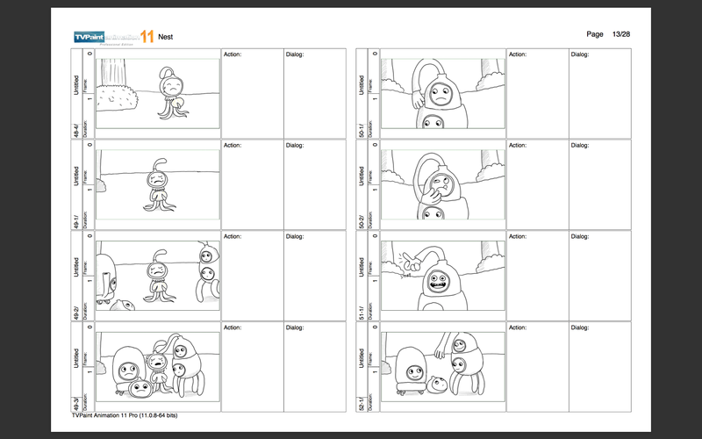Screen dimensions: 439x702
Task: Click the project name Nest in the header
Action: pos(165,37)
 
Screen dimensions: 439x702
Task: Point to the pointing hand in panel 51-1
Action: pos(405,260)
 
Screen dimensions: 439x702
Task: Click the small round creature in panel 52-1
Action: pos(437,383)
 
